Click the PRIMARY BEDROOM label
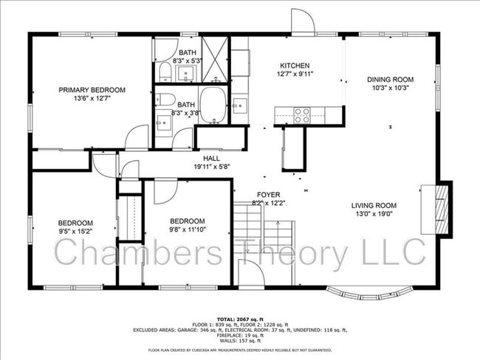[92, 90]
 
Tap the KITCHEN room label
[294, 66]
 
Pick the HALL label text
[212, 159]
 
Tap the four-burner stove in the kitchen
[302, 115]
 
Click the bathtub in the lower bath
[213, 105]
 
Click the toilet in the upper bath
[164, 72]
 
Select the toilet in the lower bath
[165, 100]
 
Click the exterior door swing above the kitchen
[302, 21]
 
